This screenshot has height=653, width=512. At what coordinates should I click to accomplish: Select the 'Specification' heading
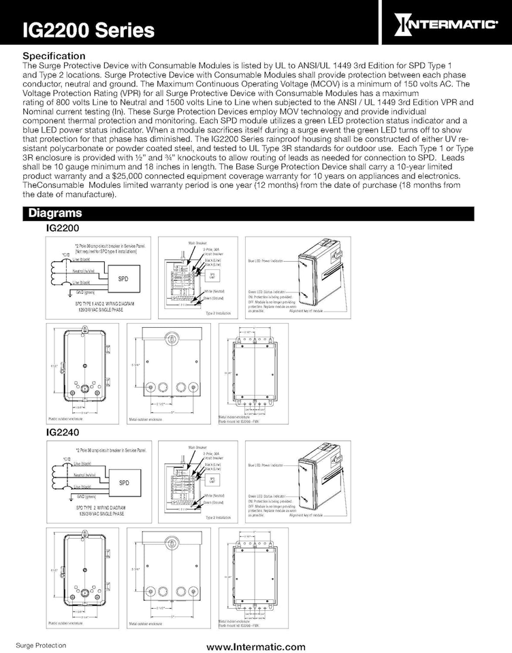click(x=54, y=55)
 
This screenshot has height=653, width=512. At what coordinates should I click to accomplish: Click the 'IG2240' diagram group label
click(x=63, y=433)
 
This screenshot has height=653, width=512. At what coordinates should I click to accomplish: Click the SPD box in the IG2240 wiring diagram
click(x=124, y=483)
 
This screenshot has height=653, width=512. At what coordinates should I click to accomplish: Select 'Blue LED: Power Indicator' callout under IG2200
click(x=262, y=261)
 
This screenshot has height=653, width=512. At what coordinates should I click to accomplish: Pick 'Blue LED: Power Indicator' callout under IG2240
click(x=262, y=465)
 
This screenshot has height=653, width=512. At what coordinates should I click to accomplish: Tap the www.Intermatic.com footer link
click(x=256, y=646)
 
